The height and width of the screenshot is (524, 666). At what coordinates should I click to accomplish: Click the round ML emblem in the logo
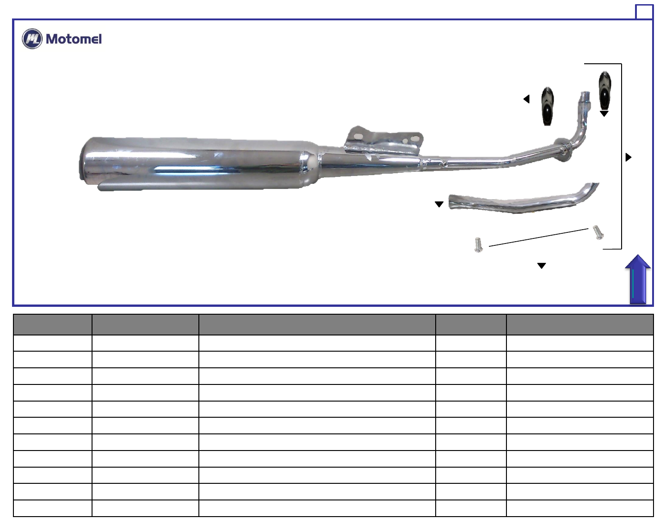(32, 39)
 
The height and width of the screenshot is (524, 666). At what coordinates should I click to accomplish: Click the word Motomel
(74, 39)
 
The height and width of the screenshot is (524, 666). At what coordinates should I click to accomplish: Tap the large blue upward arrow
(637, 279)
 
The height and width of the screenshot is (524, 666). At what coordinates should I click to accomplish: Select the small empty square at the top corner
(644, 12)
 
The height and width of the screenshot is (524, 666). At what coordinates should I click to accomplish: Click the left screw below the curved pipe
(478, 245)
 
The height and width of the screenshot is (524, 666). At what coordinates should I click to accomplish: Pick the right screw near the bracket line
(598, 232)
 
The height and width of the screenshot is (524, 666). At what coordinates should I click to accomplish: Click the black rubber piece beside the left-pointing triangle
(548, 106)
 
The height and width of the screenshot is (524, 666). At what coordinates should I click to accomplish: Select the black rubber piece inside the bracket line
(605, 90)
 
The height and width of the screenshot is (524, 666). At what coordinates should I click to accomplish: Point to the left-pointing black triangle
(526, 99)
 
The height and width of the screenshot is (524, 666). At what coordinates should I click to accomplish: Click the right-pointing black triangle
(628, 157)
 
